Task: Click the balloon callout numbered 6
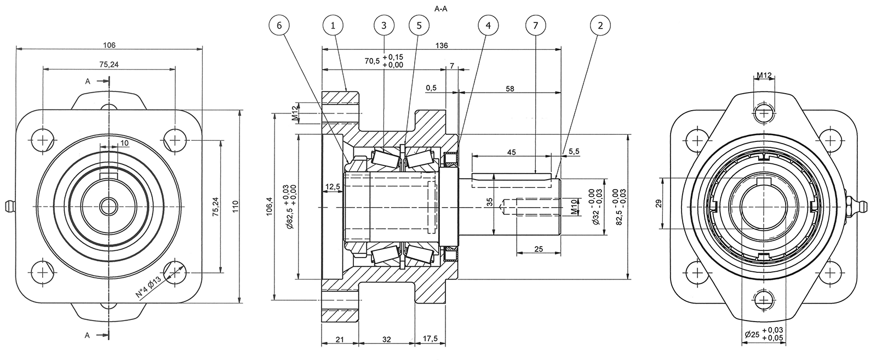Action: pos(279,25)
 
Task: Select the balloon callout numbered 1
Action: pos(333,25)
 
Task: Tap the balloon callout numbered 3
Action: pos(383,25)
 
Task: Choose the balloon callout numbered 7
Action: pos(535,25)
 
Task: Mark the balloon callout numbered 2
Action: pos(601,25)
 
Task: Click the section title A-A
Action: pos(442,9)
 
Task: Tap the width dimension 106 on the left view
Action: pos(110,45)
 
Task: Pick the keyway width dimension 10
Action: pos(125,143)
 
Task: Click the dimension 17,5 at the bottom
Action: pos(431,340)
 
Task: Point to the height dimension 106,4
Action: pos(269,207)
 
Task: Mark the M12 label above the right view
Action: pos(764,75)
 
